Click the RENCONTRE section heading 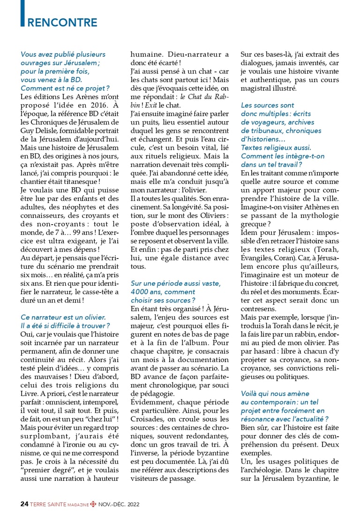point(62,23)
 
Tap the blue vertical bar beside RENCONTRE point(22,14)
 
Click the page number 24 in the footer point(24,504)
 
